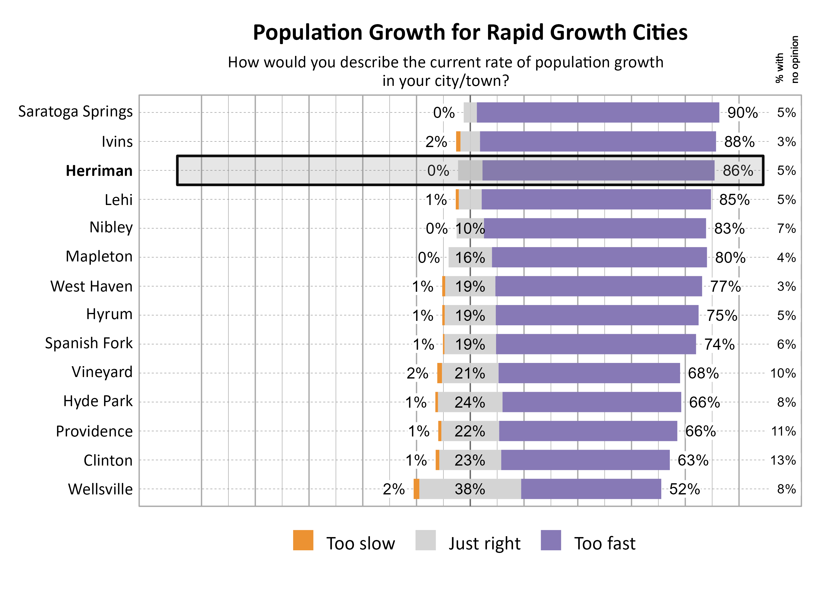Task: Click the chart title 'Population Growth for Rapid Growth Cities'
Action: (470, 33)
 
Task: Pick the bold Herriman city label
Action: (99, 171)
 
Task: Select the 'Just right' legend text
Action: (484, 543)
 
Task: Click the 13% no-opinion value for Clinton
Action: (783, 460)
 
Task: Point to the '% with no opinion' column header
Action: (786, 59)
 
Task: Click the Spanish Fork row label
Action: (89, 343)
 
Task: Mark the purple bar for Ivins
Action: (597, 141)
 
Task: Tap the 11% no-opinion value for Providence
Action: (783, 431)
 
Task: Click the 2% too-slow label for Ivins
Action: (436, 142)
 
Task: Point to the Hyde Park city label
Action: (98, 401)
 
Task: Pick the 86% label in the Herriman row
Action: (737, 171)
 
